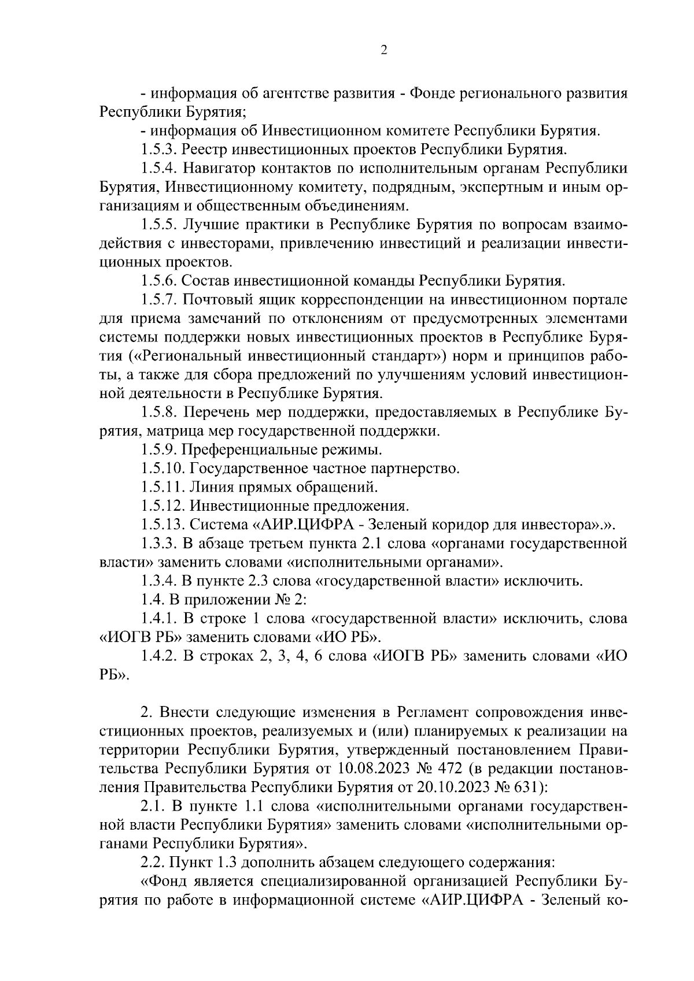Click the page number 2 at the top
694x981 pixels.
coord(383,50)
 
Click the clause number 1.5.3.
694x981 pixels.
coord(160,150)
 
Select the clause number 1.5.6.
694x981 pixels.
coord(160,281)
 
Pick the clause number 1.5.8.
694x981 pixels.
coord(160,413)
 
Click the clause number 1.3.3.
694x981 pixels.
coord(160,544)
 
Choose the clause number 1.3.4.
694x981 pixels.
coord(160,581)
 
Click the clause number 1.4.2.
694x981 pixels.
coord(160,656)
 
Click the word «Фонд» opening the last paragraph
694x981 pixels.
coord(167,880)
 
